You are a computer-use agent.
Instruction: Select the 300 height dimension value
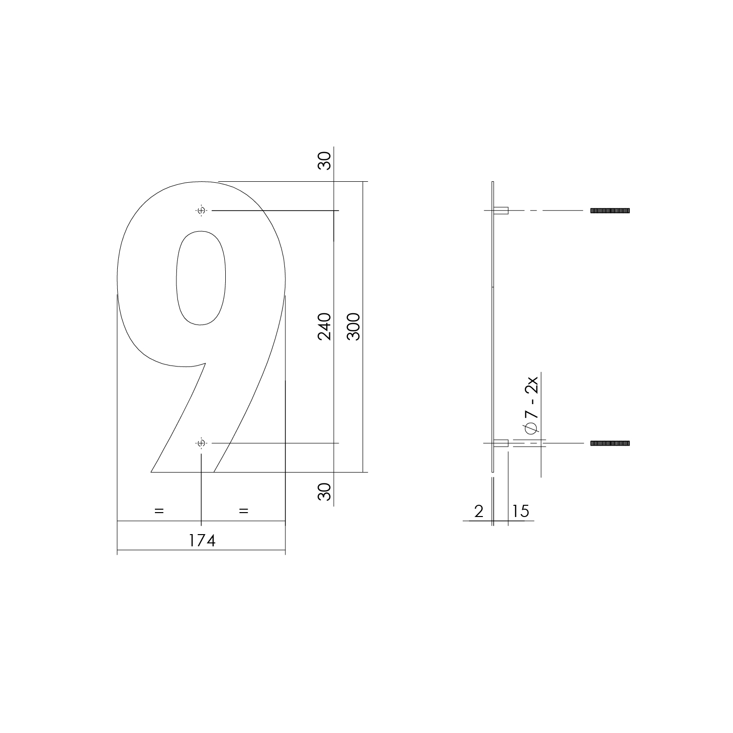(354, 326)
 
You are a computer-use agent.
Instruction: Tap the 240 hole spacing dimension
(324, 326)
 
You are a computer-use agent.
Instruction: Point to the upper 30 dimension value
(324, 161)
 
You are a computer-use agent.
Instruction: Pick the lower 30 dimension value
(324, 491)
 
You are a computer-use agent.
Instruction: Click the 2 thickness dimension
(478, 511)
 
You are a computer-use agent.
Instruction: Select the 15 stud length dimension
(521, 511)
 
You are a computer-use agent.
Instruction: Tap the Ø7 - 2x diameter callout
(531, 404)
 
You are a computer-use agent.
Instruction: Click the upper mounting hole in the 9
(201, 211)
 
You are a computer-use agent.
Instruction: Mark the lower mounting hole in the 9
(201, 443)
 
